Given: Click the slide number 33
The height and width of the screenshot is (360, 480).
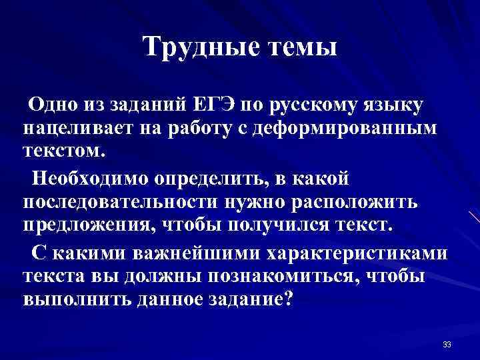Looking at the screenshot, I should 447,344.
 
